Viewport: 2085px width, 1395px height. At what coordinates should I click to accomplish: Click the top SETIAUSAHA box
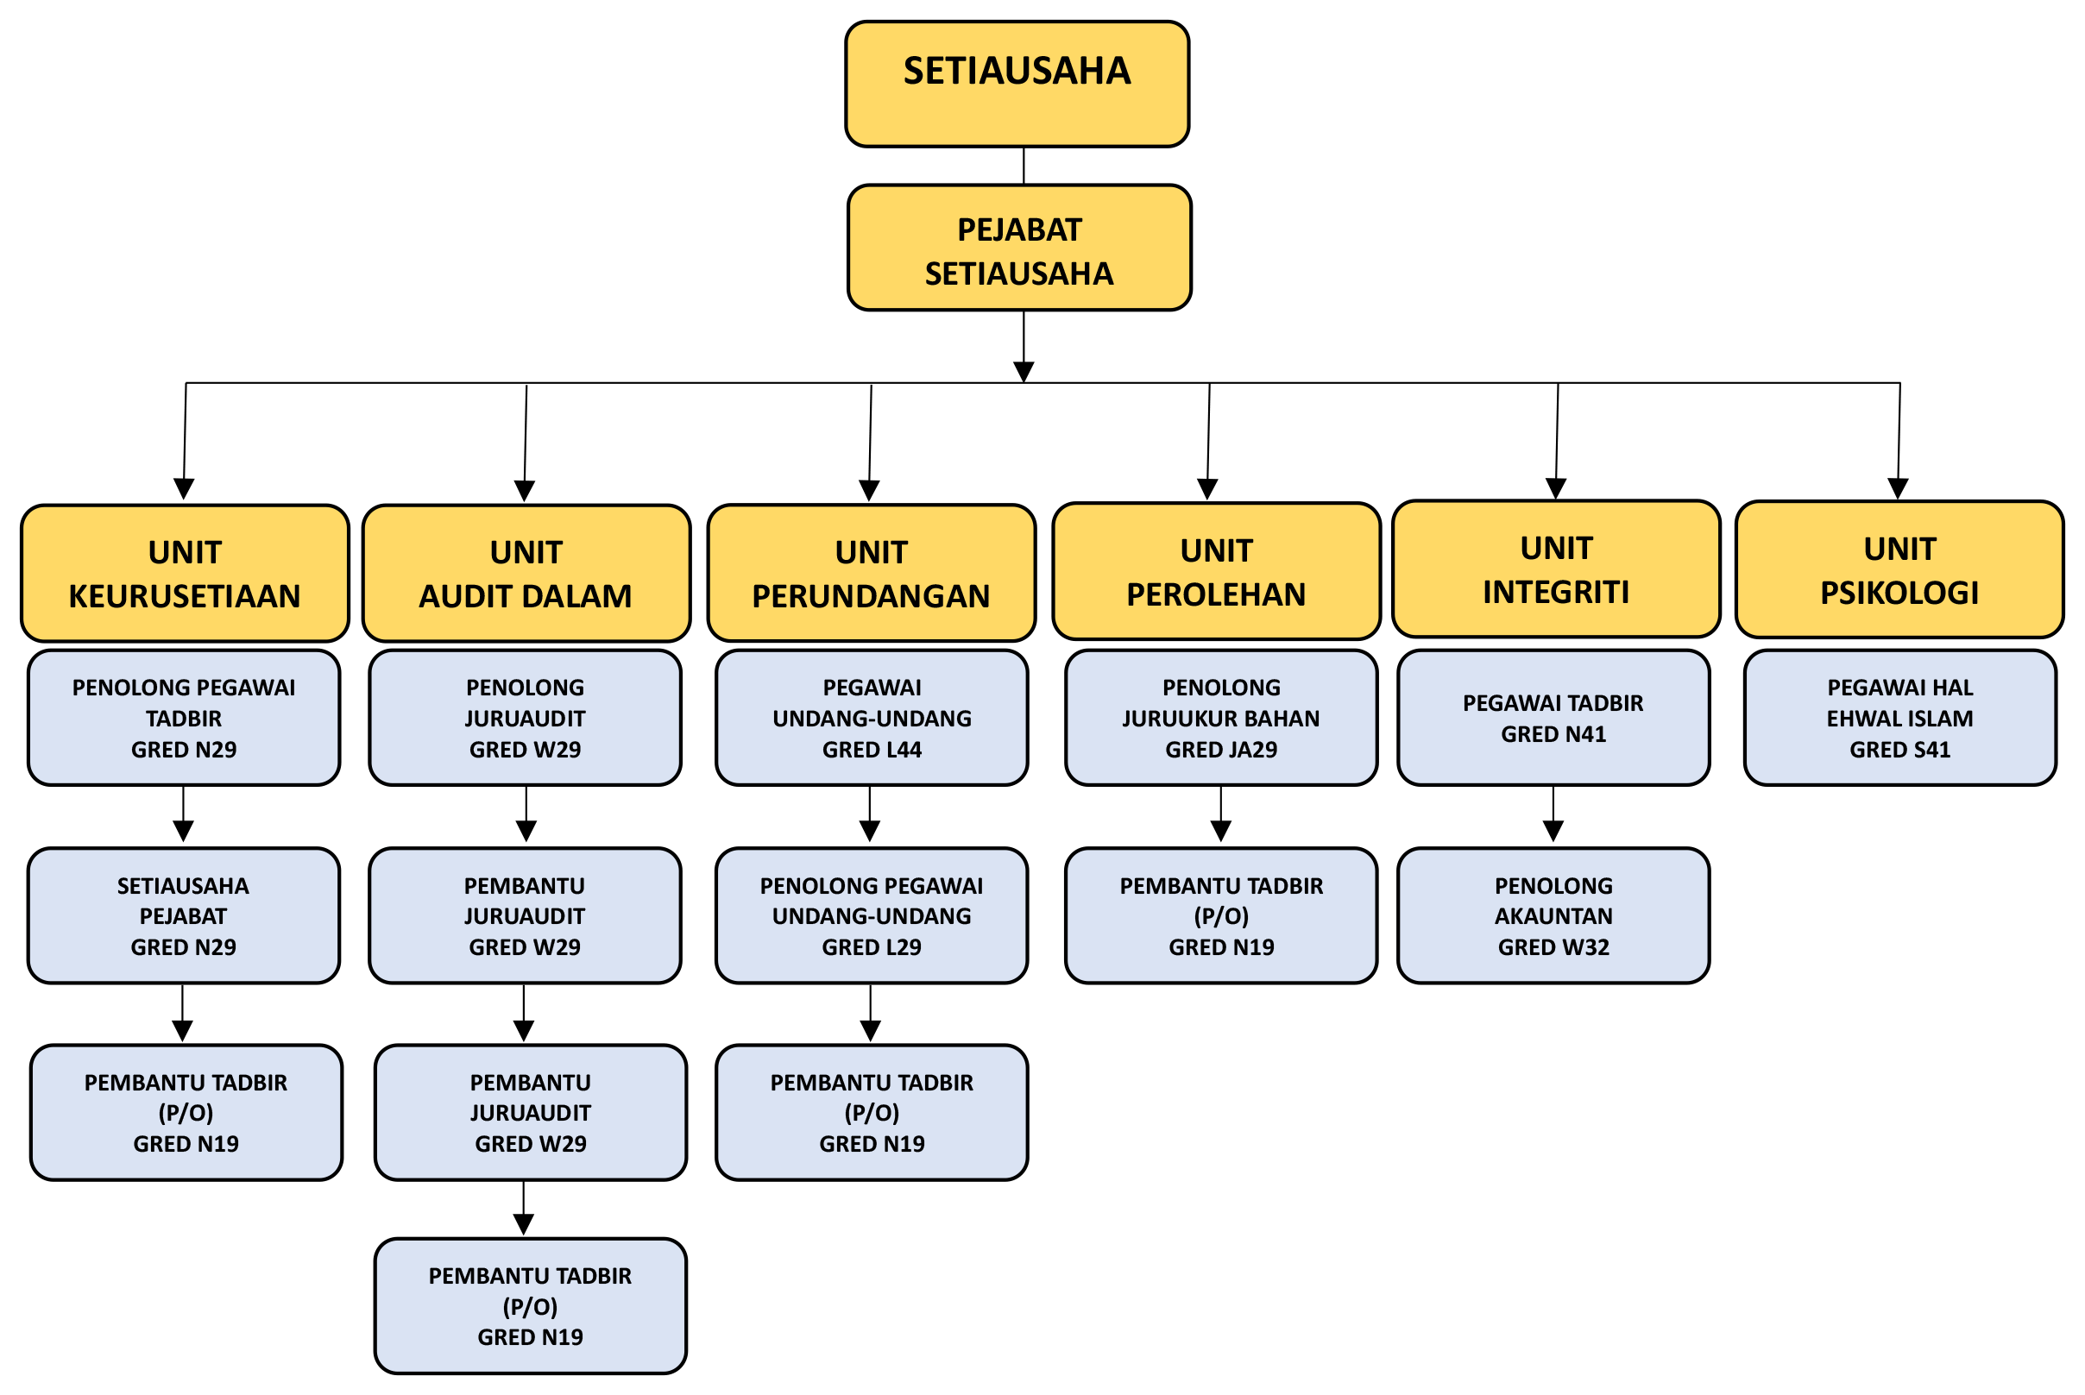[1017, 83]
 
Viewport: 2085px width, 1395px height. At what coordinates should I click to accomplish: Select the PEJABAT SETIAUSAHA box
[1019, 248]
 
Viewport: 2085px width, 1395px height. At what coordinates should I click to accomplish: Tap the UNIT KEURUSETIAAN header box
[184, 573]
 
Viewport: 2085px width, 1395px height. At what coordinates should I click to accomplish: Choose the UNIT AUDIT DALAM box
[526, 573]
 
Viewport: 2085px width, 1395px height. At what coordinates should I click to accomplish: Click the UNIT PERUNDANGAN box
[872, 573]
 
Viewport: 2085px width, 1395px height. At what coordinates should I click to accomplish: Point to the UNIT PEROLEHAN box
[1216, 571]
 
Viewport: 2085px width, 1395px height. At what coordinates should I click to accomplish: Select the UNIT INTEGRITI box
[1555, 569]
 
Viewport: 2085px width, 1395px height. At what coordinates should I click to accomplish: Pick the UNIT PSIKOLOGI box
[1899, 569]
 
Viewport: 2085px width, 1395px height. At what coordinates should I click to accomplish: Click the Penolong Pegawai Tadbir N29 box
[183, 717]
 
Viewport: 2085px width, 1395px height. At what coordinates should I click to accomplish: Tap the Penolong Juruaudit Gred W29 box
[525, 717]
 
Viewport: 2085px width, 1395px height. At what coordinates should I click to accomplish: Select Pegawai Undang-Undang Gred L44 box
[872, 717]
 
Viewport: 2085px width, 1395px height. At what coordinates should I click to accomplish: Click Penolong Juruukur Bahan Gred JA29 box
[1221, 717]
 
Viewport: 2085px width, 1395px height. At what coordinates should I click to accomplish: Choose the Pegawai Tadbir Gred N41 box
[1553, 717]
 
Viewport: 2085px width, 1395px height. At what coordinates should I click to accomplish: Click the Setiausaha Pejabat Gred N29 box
[183, 915]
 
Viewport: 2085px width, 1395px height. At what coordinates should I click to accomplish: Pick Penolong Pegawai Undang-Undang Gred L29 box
[872, 915]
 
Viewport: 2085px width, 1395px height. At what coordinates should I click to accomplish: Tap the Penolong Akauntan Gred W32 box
[1553, 915]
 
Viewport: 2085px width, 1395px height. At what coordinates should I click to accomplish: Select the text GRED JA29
[1221, 750]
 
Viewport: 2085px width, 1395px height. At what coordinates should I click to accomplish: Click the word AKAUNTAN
[1553, 916]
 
